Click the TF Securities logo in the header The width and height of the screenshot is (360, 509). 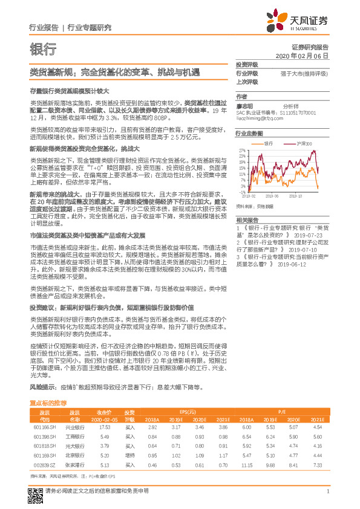click(x=301, y=21)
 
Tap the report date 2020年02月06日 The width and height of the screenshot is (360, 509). click(x=302, y=55)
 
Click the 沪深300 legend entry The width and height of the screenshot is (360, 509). click(x=301, y=144)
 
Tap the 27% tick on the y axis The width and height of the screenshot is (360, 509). click(x=241, y=149)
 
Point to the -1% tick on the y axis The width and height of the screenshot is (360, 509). click(x=241, y=192)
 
